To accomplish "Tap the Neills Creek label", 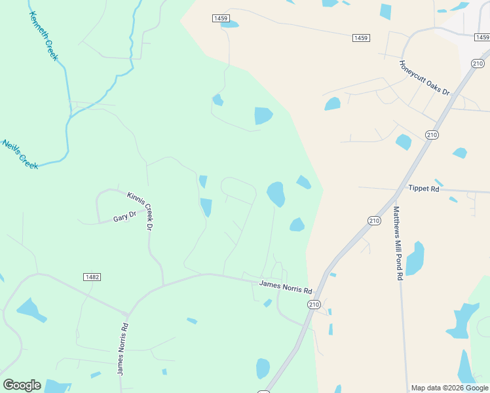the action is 20,155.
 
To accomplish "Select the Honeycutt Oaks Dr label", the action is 424,78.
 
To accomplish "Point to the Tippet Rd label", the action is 423,188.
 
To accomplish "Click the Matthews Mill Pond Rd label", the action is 398,244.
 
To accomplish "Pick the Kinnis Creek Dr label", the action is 140,210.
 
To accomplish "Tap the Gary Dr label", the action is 124,215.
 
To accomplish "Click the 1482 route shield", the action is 92,277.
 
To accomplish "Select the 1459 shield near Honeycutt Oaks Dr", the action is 360,38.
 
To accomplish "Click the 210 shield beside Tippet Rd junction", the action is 431,135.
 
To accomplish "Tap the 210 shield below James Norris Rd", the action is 313,305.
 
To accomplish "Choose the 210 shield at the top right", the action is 478,63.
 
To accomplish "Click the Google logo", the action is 22,385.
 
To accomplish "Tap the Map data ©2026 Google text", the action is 449,388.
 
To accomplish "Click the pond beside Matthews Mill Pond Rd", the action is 415,259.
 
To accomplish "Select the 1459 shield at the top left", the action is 220,18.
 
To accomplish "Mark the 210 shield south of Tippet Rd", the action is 374,221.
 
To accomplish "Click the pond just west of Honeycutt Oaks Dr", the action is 332,103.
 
